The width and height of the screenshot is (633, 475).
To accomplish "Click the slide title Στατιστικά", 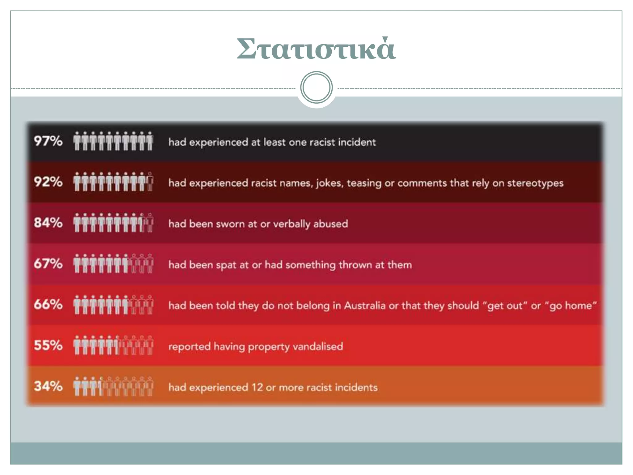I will coord(316,49).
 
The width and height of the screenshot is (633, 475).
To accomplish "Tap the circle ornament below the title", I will coord(316,88).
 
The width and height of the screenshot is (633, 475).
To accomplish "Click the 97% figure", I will coord(48,141).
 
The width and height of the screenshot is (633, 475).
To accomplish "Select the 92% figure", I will coord(48,182).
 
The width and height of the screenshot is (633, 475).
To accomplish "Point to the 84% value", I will coord(48,223).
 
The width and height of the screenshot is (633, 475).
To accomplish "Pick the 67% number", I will coord(48,264).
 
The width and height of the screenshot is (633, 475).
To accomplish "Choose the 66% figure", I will coord(48,305).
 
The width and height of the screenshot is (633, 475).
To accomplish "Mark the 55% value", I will coord(48,345).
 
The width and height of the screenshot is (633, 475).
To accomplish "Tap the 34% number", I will coord(48,386).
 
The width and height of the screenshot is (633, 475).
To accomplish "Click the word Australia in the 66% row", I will coord(365,306).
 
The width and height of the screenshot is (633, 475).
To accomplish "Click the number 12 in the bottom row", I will coord(257,387).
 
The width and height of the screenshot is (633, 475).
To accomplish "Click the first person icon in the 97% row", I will coord(77,141).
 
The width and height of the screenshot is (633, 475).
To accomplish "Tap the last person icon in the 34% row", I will coord(150,386).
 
